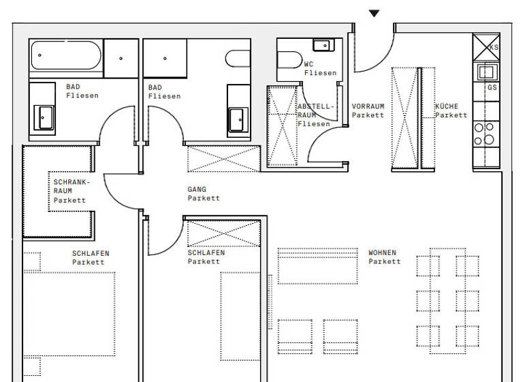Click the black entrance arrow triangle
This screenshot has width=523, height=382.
tap(374, 13)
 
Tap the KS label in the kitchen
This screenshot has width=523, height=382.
tap(494, 48)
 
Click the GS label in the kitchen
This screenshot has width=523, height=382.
tap(492, 87)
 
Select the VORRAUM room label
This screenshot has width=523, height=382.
tap(368, 111)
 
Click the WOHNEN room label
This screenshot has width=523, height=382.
tap(384, 256)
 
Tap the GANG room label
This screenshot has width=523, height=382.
tap(204, 194)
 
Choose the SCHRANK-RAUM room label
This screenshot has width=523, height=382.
tap(70, 191)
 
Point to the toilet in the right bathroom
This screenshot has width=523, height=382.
tap(238, 59)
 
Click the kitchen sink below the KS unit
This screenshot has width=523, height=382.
tap(486, 71)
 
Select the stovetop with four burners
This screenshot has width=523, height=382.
tap(486, 134)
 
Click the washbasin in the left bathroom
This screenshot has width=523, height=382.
tap(45, 117)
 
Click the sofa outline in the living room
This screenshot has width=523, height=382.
tap(317, 266)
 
